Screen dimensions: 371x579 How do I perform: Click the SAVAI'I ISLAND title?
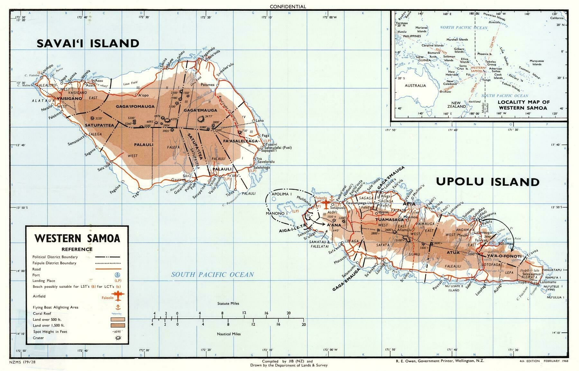88,43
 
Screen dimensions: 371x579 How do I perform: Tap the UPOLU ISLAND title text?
487,182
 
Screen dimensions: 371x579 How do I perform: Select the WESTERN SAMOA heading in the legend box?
77,238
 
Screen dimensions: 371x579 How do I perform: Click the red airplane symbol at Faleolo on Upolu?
327,204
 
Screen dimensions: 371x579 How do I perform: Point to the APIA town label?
409,204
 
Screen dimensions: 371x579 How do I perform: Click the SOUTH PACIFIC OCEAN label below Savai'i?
212,275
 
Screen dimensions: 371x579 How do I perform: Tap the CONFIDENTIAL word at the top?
288,6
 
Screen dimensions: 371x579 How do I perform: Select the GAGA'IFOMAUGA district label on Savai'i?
135,106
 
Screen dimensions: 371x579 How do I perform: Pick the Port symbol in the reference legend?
117,275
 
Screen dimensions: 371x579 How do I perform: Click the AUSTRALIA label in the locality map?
415,86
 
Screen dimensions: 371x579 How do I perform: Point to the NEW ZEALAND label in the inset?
456,104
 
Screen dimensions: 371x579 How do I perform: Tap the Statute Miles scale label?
228,303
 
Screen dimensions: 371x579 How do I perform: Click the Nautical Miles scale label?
228,334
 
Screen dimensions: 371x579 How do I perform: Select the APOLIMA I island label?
282,195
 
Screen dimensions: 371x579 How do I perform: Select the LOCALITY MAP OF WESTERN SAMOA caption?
523,105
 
